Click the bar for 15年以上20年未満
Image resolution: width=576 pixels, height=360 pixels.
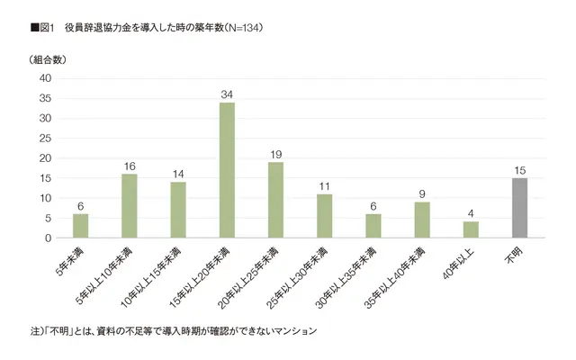pyautogui.click(x=227, y=170)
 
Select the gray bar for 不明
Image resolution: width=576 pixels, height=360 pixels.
pyautogui.click(x=519, y=208)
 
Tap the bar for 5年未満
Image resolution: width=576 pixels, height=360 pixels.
pyautogui.click(x=81, y=226)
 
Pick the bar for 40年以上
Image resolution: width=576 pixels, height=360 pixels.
pyautogui.click(x=471, y=229)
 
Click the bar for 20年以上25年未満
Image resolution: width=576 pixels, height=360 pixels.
pyautogui.click(x=275, y=200)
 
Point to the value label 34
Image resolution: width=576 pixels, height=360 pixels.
pyautogui.click(x=227, y=94)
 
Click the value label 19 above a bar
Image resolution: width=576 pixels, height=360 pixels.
pyautogui.click(x=275, y=154)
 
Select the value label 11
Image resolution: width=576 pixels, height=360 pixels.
pyautogui.click(x=324, y=185)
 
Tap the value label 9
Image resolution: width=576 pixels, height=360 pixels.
pyautogui.click(x=422, y=193)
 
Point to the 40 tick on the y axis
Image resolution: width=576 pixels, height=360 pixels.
pyautogui.click(x=45, y=79)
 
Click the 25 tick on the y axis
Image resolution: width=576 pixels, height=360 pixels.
pyautogui.click(x=45, y=139)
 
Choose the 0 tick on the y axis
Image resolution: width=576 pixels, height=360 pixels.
pyautogui.click(x=48, y=238)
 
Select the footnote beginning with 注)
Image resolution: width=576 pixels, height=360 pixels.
pyautogui.click(x=175, y=331)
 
